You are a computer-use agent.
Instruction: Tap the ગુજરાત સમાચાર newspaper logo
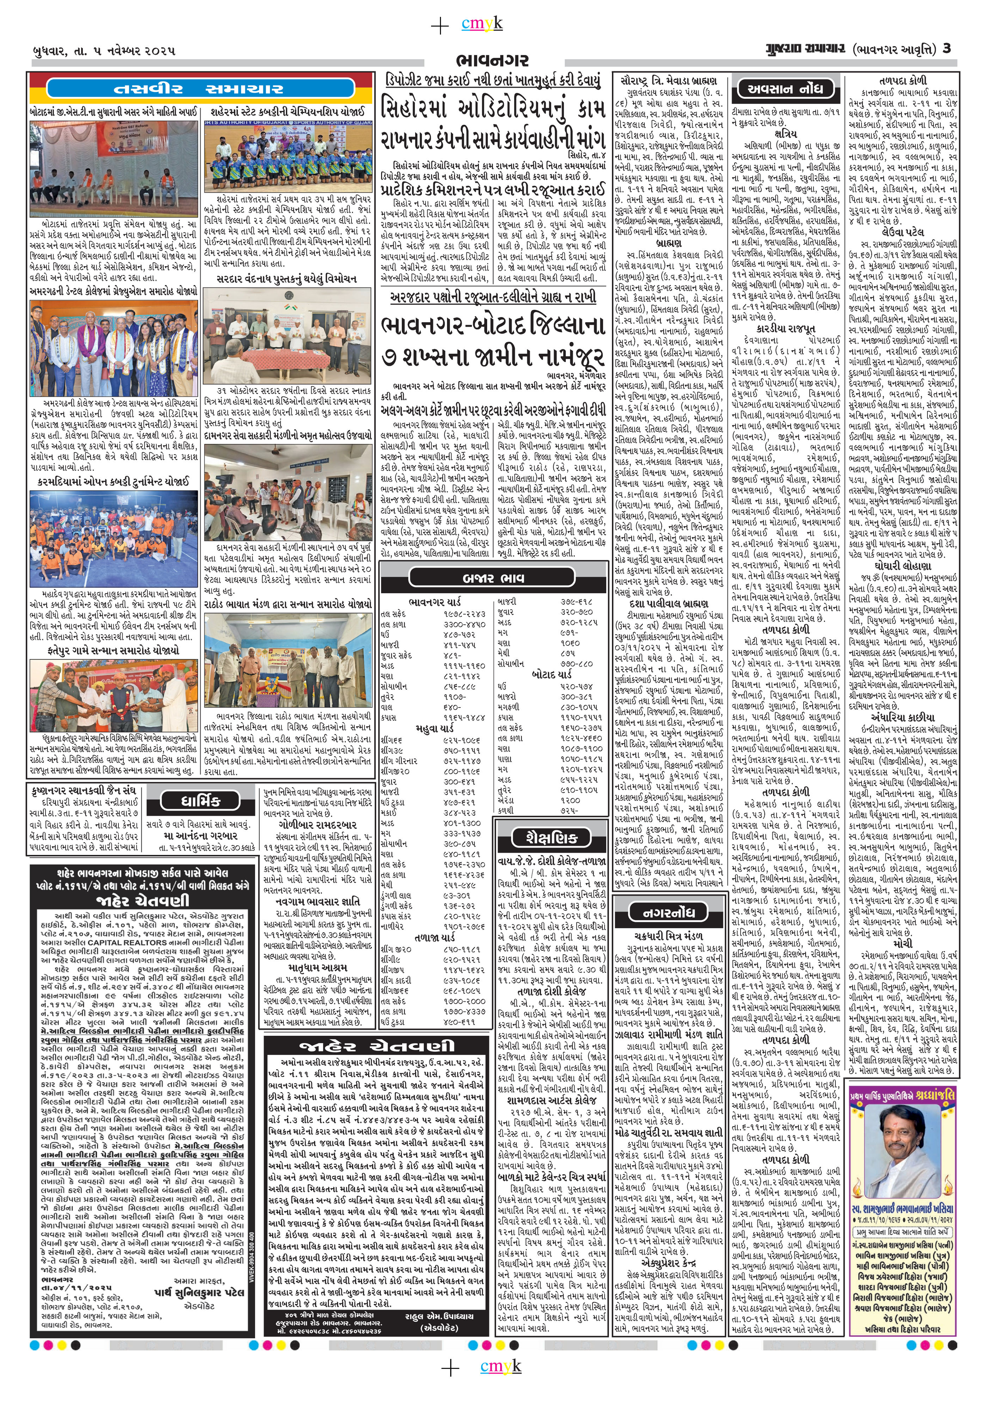[793, 49]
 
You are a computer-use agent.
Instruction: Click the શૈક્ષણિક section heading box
[545, 837]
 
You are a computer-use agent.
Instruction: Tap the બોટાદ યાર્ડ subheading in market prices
[551, 675]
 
